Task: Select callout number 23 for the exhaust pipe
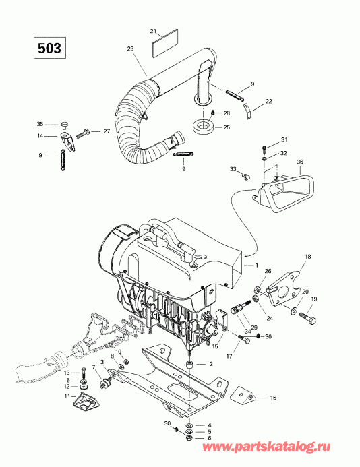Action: (130, 49)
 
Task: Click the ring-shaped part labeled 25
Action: (202, 126)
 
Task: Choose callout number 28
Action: (227, 113)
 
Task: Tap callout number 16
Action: (272, 399)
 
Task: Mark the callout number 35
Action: (39, 124)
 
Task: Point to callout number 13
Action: (67, 373)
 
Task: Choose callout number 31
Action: (284, 139)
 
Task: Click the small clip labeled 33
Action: (245, 177)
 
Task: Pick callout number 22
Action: (269, 101)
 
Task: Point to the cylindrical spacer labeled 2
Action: (189, 365)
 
